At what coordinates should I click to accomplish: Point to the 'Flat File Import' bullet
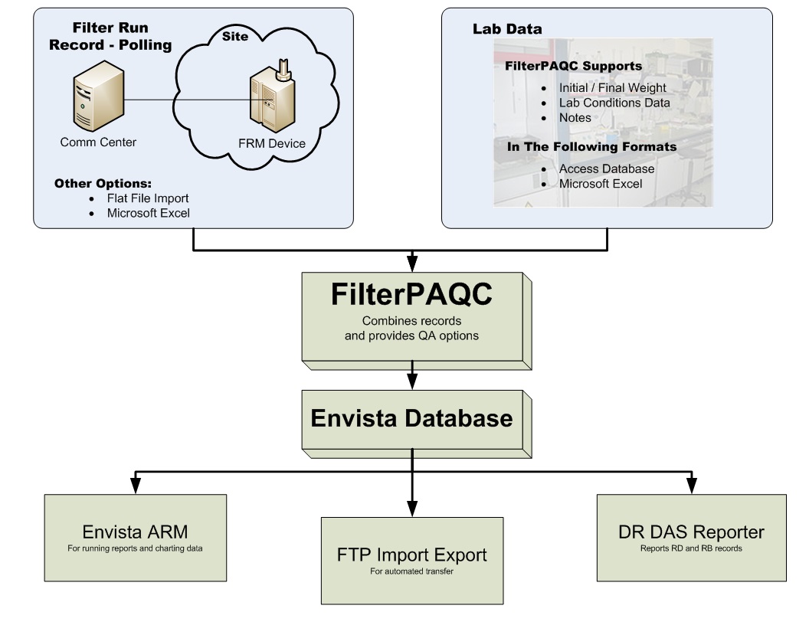coord(148,198)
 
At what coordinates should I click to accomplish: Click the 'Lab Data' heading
coord(507,30)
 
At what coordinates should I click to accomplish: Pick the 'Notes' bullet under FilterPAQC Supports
coord(575,118)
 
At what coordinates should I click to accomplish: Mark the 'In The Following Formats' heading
coord(591,146)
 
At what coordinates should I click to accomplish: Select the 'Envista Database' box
coord(411,419)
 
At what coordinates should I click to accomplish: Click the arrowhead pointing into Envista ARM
coord(136,486)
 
